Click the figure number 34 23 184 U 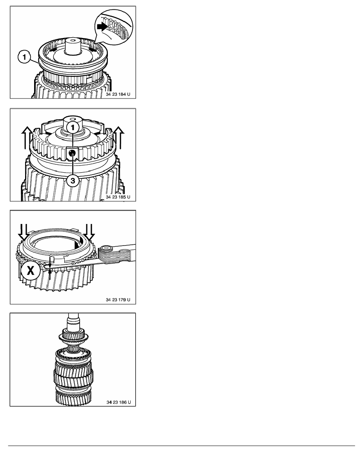pos(118,94)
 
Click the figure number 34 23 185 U pos(118,197)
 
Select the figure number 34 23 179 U pos(118,300)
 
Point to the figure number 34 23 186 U pos(118,402)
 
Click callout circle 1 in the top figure pos(25,57)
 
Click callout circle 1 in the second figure pos(73,128)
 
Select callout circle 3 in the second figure pos(73,180)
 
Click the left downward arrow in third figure pos(23,232)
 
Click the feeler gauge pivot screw pos(106,249)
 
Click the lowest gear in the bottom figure pos(73,398)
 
